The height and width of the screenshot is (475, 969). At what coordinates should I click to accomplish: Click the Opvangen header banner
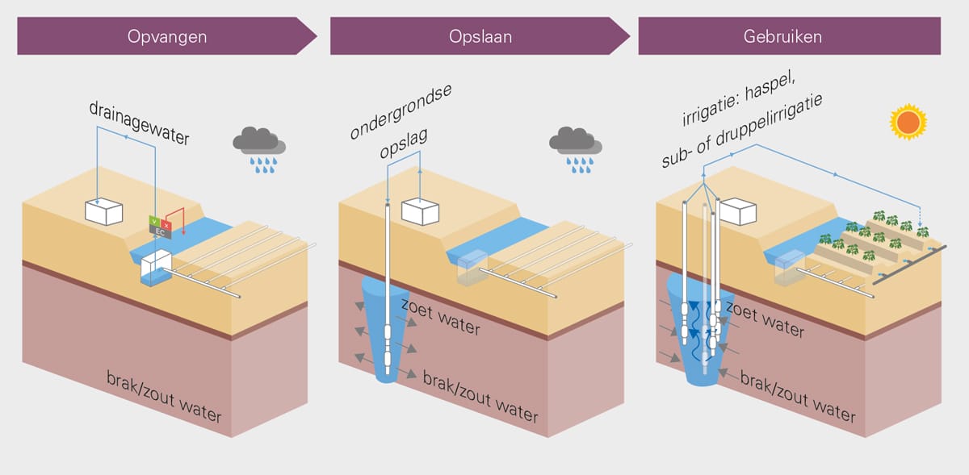click(x=167, y=36)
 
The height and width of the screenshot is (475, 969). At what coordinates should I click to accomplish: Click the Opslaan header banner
click(x=480, y=36)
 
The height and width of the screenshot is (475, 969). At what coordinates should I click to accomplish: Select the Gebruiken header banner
click(x=790, y=36)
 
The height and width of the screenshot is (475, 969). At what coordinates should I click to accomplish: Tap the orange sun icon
click(x=908, y=122)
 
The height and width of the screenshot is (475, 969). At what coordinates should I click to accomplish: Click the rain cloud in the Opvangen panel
click(x=259, y=150)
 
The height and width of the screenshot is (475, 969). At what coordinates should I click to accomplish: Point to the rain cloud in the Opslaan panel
click(x=576, y=150)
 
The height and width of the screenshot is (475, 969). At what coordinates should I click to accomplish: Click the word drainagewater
click(x=139, y=123)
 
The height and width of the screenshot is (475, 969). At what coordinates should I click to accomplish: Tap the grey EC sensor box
click(x=160, y=232)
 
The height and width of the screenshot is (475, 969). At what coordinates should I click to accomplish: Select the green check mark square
click(x=154, y=221)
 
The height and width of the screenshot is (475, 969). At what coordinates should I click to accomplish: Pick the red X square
click(x=166, y=225)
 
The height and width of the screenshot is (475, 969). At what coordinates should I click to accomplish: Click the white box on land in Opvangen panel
click(x=104, y=212)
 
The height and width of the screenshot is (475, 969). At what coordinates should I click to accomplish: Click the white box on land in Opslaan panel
click(x=421, y=212)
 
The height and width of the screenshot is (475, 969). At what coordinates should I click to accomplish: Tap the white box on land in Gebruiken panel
click(x=737, y=211)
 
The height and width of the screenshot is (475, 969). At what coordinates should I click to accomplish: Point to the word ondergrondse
click(x=401, y=111)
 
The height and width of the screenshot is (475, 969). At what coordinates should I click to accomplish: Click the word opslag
click(x=404, y=143)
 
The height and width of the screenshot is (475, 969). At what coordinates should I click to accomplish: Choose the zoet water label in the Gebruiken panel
click(x=765, y=319)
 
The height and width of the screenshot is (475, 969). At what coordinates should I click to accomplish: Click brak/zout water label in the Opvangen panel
click(x=164, y=397)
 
